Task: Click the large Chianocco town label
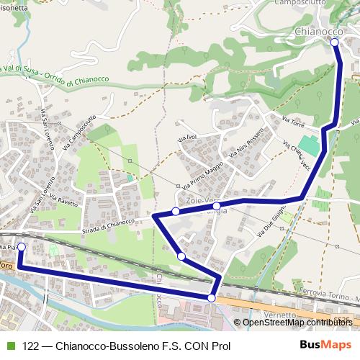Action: (318, 32)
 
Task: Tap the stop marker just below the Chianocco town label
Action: (335, 42)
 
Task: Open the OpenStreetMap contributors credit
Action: (297, 322)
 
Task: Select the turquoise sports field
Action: (309, 143)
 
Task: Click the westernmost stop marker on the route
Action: (21, 247)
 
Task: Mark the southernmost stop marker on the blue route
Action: (212, 298)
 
